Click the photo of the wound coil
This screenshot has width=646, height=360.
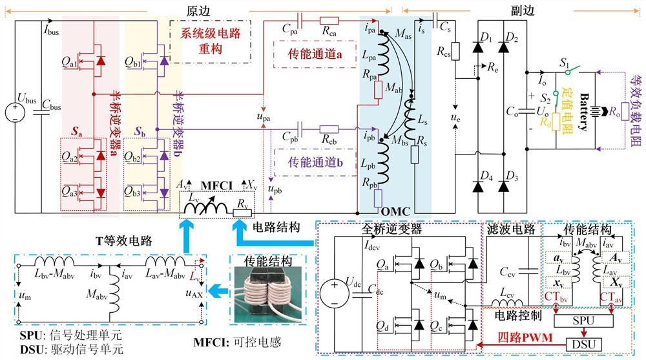260,301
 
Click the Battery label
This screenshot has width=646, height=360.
586,109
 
